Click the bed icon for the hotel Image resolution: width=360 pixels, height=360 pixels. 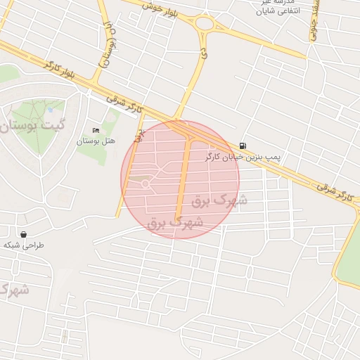[x=96, y=131]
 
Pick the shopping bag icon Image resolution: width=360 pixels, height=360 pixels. [x=24, y=233]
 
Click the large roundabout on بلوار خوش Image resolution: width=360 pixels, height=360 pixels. [x=205, y=25]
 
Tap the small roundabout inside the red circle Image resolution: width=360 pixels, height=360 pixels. [x=145, y=184]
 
